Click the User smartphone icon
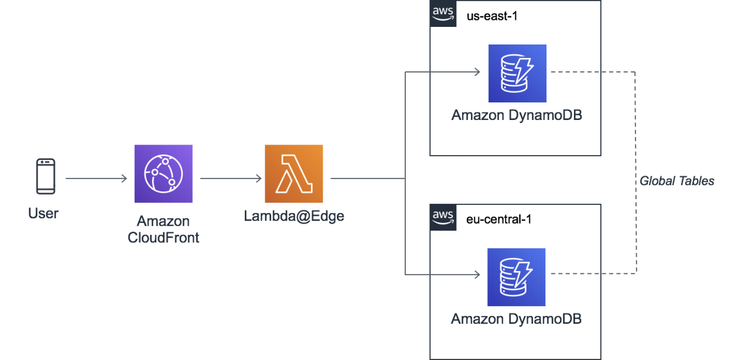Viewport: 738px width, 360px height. coord(46,176)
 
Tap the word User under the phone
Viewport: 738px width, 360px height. coord(43,214)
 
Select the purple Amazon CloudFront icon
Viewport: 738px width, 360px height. coord(163,174)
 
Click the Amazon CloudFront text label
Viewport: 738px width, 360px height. coord(163,229)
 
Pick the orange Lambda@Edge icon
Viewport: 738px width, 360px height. coord(294,174)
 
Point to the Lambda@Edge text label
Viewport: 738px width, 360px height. coord(294,216)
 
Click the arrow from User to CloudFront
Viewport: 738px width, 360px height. coord(96,178)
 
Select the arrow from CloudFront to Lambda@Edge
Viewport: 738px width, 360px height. coord(231,178)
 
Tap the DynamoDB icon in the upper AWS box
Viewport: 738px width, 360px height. coord(517,73)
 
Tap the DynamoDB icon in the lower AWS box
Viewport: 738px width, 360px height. coord(517,277)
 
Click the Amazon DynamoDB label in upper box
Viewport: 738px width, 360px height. coord(517,115)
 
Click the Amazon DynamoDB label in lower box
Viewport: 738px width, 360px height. coord(516,319)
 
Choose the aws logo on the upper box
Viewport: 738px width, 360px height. coord(443,13)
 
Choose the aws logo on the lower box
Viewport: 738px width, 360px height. coord(443,218)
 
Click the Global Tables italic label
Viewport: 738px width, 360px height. coord(677,181)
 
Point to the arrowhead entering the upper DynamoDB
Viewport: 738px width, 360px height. coord(477,72)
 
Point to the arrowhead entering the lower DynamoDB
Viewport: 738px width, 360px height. coord(477,274)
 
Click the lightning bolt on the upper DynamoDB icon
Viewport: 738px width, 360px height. coord(525,70)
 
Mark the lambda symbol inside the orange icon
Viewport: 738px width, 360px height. coord(293,174)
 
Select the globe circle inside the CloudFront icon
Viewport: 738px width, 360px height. coord(163,174)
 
